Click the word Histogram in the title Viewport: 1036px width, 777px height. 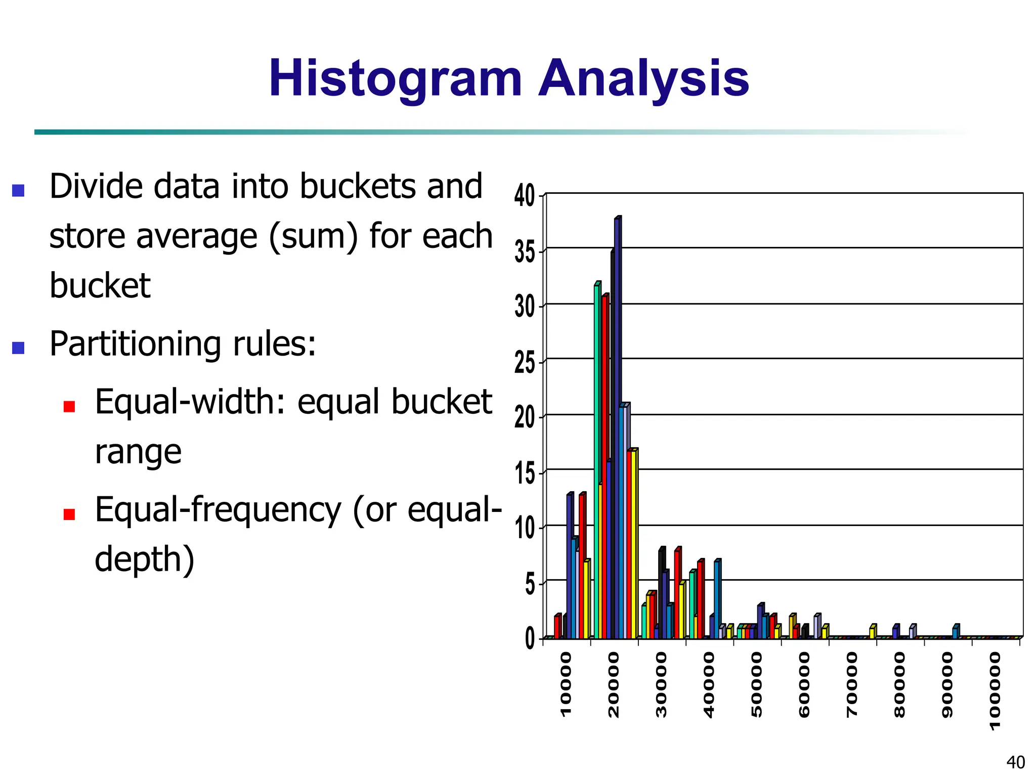coord(395,79)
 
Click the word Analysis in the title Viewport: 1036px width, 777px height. coord(643,79)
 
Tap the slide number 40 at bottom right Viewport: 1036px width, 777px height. coord(1015,762)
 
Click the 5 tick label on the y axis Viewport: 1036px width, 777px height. coord(529,584)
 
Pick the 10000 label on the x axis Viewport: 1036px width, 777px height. coord(566,684)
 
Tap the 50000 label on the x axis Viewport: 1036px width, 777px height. coord(756,684)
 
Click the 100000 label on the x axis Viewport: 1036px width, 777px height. coord(995,690)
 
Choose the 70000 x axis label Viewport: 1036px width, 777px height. coord(852,684)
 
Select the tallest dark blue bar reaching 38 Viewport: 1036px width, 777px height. coord(617,425)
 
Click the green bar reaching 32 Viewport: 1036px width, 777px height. coord(597,455)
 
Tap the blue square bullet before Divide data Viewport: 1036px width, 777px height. coord(18,190)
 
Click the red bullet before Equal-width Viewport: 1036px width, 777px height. coord(69,406)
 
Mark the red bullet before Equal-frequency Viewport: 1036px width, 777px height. coord(69,514)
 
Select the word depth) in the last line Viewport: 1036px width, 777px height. coord(145,559)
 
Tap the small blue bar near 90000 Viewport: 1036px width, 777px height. coord(955,632)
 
